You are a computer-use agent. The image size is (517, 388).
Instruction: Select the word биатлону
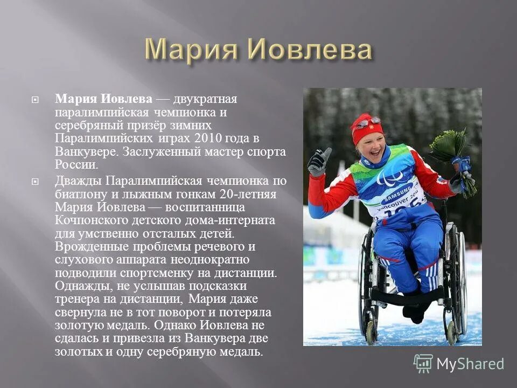[80, 194]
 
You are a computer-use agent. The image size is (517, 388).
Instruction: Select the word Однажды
[79, 286]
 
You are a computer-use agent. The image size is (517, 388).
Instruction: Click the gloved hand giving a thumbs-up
[319, 161]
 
